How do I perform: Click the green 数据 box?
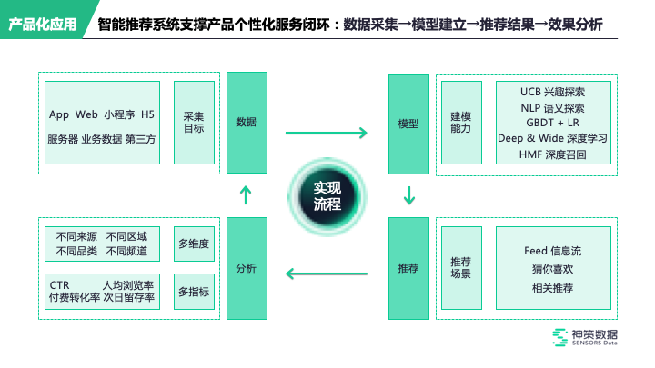tap(246, 123)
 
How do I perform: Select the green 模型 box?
tap(408, 123)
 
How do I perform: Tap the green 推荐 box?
tap(408, 268)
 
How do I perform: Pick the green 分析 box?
tap(246, 268)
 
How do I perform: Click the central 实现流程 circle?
tap(327, 195)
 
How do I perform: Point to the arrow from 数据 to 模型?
tap(326, 134)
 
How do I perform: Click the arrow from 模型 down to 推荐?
tap(408, 194)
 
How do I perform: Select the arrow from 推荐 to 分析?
tap(326, 272)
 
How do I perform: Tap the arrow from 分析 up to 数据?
tap(246, 194)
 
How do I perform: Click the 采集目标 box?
tap(194, 123)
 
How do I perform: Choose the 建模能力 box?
tap(461, 123)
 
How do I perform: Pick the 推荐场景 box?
tap(461, 268)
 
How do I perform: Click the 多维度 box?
tap(194, 244)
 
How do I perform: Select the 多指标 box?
tap(194, 292)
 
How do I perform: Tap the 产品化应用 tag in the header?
tap(43, 25)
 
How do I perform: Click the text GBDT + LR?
tap(552, 123)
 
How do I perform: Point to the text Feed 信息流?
tap(552, 250)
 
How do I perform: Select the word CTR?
tap(60, 285)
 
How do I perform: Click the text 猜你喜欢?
tap(552, 269)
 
